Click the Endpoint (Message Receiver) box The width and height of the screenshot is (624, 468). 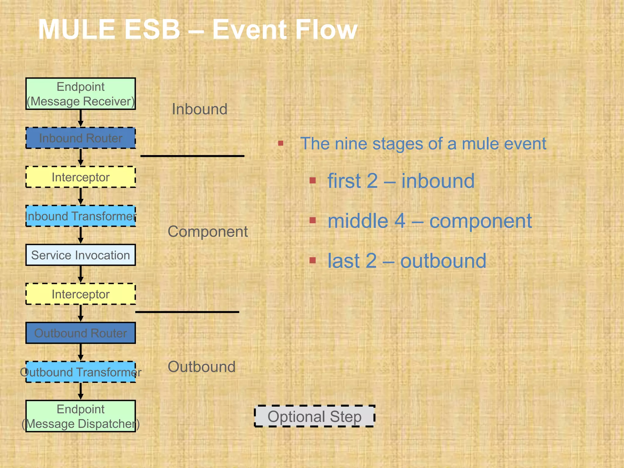click(x=80, y=94)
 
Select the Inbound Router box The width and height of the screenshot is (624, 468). click(x=80, y=138)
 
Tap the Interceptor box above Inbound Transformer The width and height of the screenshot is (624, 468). click(x=80, y=177)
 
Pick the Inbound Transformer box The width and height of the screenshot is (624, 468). click(x=80, y=216)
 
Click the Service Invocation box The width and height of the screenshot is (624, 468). click(x=80, y=255)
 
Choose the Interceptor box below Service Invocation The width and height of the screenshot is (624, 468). click(x=80, y=294)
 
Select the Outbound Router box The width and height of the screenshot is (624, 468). click(x=80, y=333)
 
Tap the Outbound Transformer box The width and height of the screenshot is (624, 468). click(x=80, y=372)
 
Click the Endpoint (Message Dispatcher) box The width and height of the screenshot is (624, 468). click(x=80, y=416)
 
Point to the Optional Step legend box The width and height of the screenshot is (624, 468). click(x=314, y=416)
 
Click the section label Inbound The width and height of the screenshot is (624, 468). click(x=200, y=109)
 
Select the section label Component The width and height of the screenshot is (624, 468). click(x=207, y=232)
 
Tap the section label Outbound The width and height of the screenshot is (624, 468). click(x=201, y=367)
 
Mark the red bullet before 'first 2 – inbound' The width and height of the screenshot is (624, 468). click(x=313, y=181)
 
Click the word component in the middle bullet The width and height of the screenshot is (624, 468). click(x=480, y=221)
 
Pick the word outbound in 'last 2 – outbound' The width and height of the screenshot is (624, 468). click(x=443, y=261)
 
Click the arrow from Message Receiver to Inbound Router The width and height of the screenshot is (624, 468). click(x=80, y=118)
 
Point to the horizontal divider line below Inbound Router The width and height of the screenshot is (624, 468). click(x=192, y=156)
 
